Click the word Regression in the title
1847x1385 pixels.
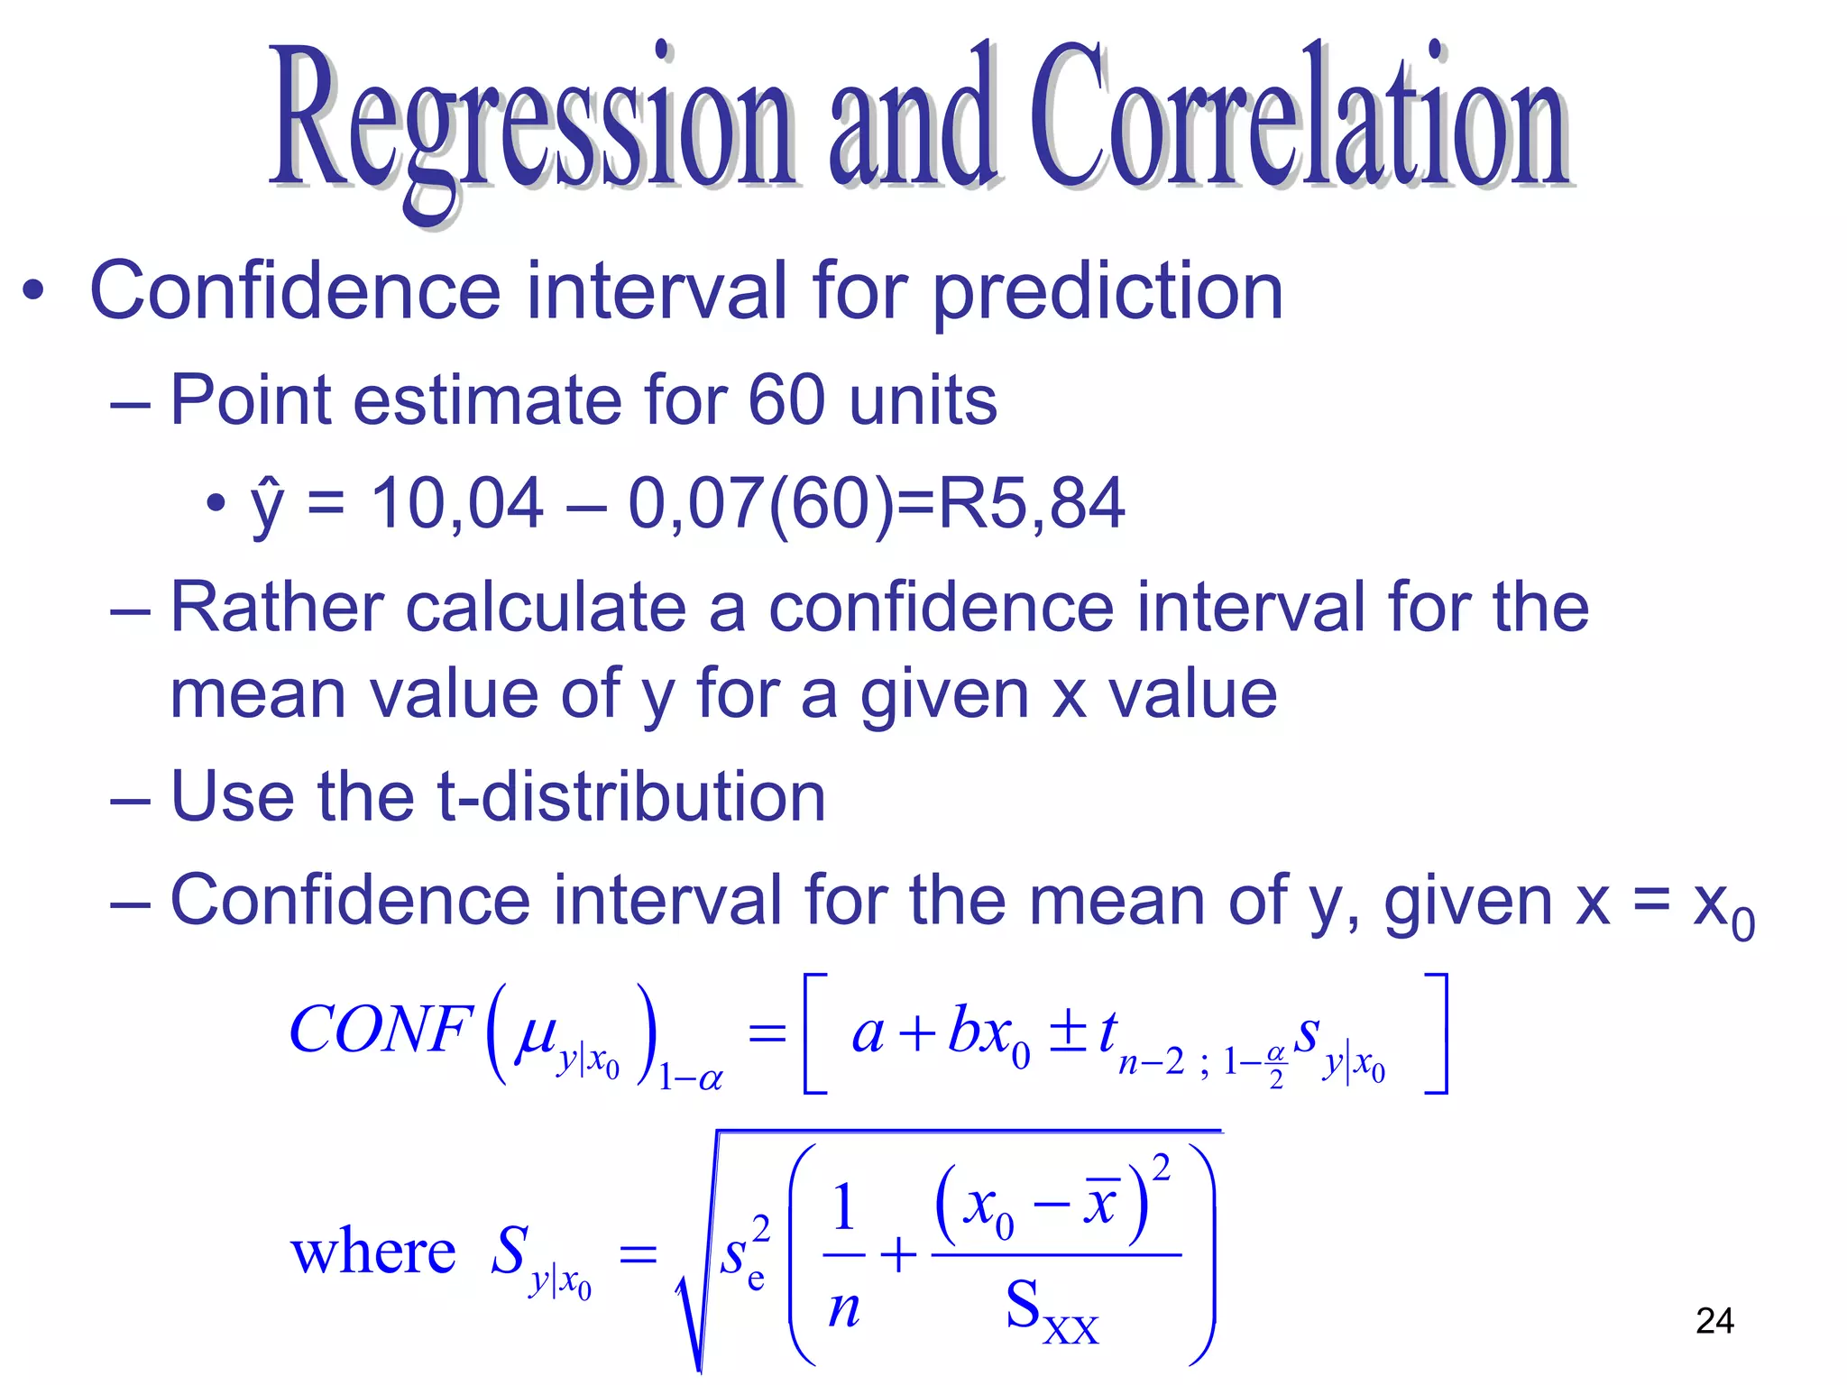click(x=532, y=122)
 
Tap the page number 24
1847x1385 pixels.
click(x=1714, y=1321)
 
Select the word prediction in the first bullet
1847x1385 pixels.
click(x=1107, y=292)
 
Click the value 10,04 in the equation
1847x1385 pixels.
click(x=457, y=503)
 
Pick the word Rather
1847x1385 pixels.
click(x=276, y=607)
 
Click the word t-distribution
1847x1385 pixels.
click(x=631, y=797)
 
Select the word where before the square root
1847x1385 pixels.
click(x=372, y=1253)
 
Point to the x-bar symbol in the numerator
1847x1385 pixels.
click(x=1100, y=1203)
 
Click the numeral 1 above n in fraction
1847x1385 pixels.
click(x=843, y=1208)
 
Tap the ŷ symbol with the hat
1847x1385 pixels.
click(x=267, y=505)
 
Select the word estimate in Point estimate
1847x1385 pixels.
click(x=487, y=400)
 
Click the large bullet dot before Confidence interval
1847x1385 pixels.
click(x=33, y=292)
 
